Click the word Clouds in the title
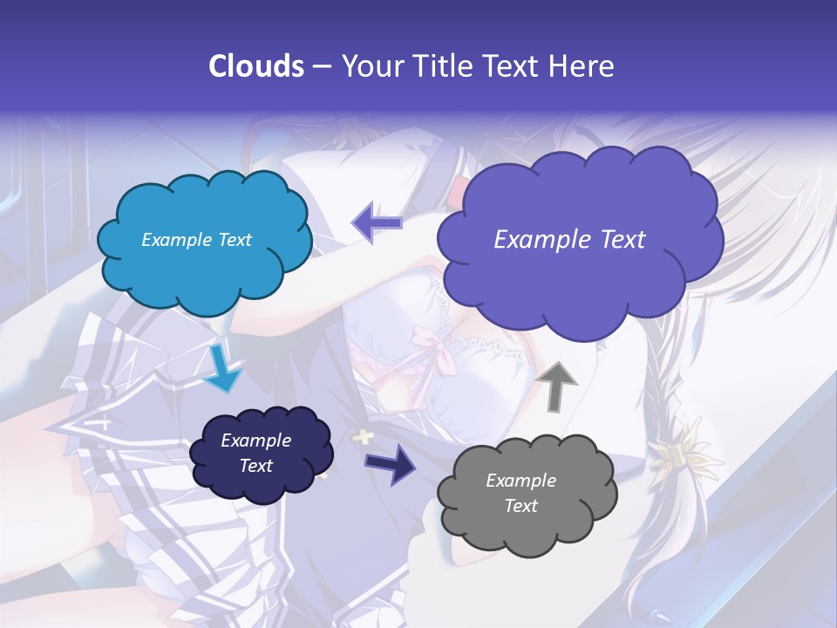256,66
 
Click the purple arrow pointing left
377,223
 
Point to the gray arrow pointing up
558,385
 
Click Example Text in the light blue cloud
196,240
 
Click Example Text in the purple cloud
569,240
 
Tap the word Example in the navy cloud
255,440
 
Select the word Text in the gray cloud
521,506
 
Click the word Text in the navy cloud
255,466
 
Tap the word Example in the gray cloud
521,481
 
